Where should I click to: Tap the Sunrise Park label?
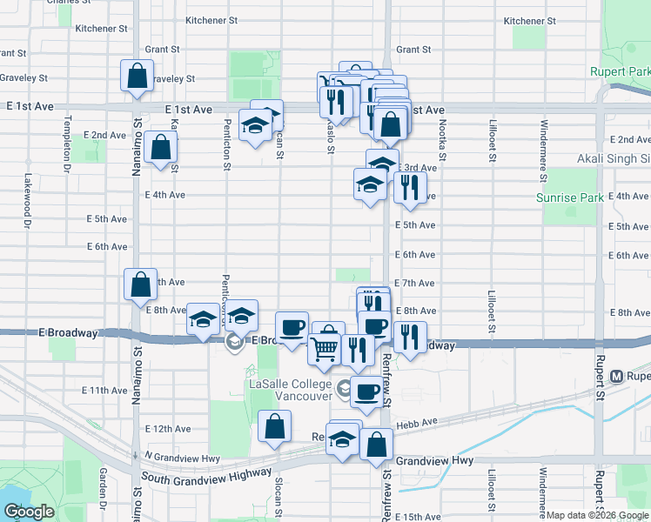pyautogui.click(x=569, y=198)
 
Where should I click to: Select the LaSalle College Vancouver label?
pyautogui.click(x=291, y=389)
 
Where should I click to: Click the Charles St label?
pyautogui.click(x=71, y=3)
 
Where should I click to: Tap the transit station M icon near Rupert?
pyautogui.click(x=617, y=377)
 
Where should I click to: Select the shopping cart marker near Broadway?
pyautogui.click(x=325, y=349)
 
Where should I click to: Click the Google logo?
pyautogui.click(x=30, y=512)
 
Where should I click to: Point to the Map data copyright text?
pyautogui.click(x=597, y=515)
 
